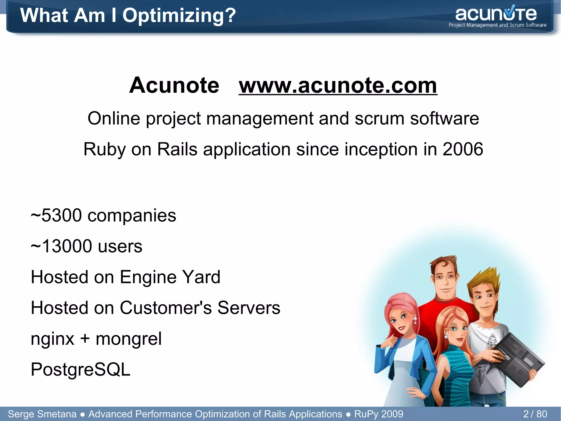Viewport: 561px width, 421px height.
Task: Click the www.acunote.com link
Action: click(338, 85)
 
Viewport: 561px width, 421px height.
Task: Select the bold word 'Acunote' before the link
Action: click(174, 85)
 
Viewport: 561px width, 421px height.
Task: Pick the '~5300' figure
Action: click(56, 215)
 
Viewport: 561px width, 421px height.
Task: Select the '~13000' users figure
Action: click(61, 246)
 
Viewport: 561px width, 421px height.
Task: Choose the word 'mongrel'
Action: click(128, 339)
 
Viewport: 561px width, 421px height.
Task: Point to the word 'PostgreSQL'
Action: click(81, 369)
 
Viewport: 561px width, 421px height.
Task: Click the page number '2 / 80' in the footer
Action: click(535, 414)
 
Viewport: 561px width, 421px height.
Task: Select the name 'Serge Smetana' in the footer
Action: click(42, 414)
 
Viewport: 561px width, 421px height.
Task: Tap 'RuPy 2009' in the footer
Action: click(379, 414)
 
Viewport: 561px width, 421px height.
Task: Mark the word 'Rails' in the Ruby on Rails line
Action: click(177, 149)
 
